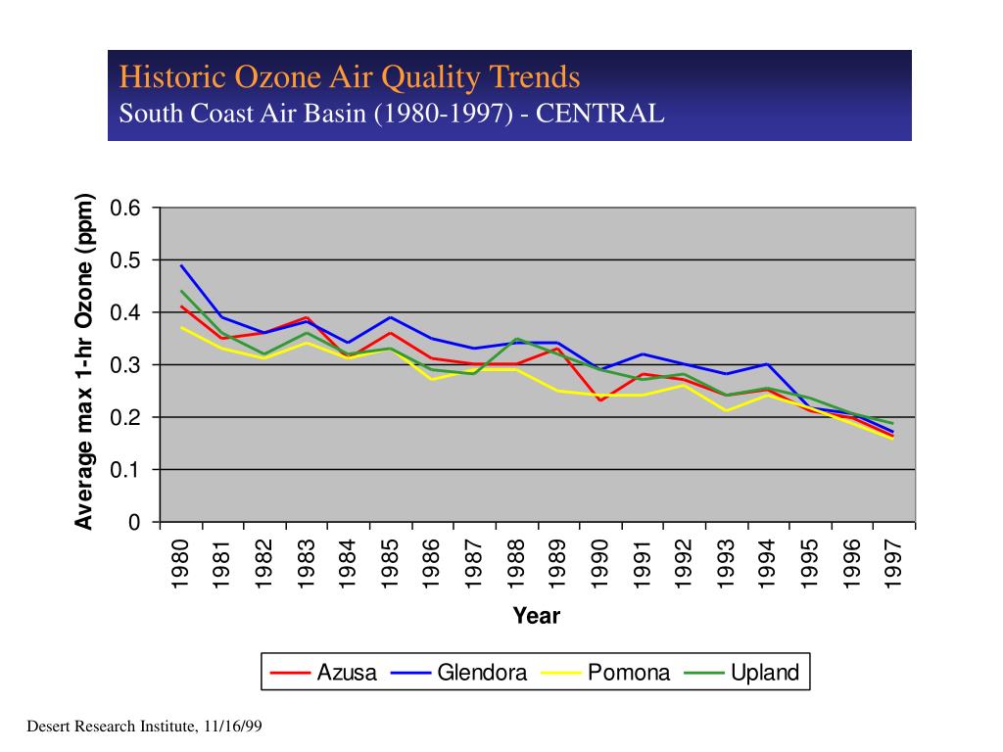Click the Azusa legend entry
click(323, 672)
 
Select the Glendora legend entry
click(458, 672)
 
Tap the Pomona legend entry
click(605, 672)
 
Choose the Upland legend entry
click(742, 672)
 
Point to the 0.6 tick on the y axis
click(124, 208)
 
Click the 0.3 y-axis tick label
click(124, 365)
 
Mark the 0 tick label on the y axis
click(133, 523)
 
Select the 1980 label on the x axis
click(180, 563)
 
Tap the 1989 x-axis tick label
click(557, 563)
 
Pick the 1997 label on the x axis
click(892, 563)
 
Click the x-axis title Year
click(537, 616)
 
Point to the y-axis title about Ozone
click(84, 362)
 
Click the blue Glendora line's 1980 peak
click(181, 265)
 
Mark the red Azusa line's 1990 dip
click(600, 400)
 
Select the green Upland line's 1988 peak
click(517, 339)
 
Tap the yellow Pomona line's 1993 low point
click(726, 410)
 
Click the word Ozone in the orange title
click(277, 76)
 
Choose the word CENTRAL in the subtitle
click(600, 114)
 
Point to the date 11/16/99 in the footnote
click(233, 727)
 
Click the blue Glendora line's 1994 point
click(768, 364)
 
